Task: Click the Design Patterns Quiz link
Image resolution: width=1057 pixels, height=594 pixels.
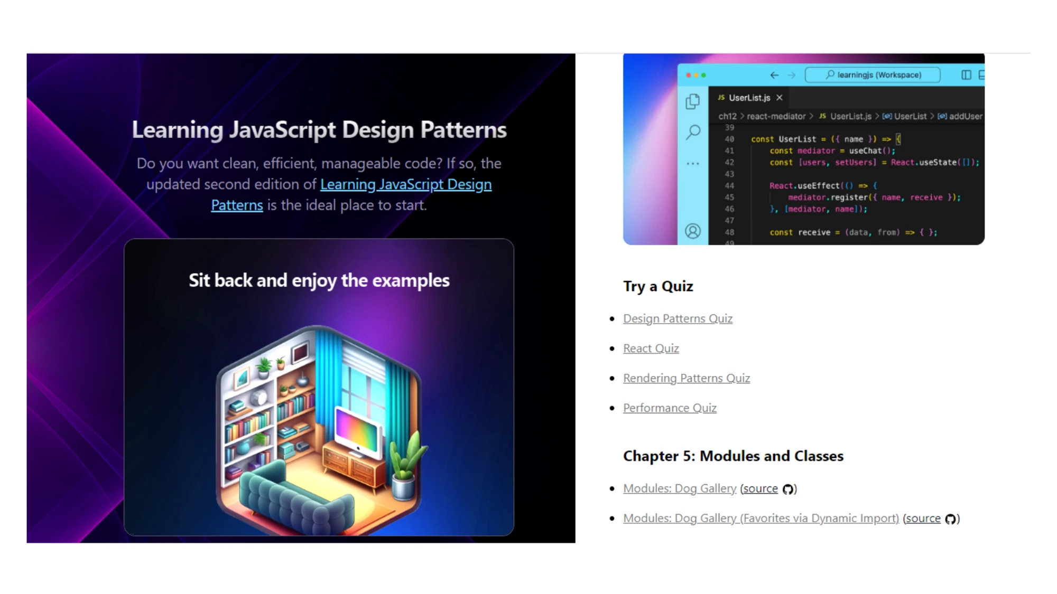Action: click(x=678, y=318)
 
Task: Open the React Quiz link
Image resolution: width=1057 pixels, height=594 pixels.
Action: click(x=651, y=348)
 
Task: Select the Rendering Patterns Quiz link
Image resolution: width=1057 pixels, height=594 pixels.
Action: click(x=687, y=378)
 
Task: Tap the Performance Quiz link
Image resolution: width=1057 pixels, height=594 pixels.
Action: click(x=670, y=408)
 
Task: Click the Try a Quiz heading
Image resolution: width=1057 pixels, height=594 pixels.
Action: click(x=658, y=286)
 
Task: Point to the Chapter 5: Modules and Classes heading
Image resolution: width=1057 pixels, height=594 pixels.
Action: click(x=733, y=456)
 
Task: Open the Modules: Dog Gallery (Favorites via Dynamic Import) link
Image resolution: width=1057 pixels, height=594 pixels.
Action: click(x=761, y=518)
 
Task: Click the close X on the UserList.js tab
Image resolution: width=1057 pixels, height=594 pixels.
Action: click(x=779, y=98)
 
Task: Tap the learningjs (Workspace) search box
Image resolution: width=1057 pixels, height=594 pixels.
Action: click(x=873, y=75)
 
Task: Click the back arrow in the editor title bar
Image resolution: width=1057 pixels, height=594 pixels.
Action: click(x=774, y=75)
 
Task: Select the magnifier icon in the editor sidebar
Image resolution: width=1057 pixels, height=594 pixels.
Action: click(x=693, y=131)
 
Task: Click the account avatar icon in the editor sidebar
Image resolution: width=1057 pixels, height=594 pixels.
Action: click(x=693, y=231)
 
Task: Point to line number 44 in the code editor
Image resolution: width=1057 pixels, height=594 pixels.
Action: click(x=729, y=185)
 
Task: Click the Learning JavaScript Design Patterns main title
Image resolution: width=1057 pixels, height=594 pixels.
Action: click(x=319, y=130)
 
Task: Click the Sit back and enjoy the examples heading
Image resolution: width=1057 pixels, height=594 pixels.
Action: click(x=319, y=280)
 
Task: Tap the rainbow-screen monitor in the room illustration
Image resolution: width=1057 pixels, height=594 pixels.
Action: click(x=358, y=431)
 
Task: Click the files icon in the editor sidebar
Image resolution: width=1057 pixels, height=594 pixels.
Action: click(x=693, y=101)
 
